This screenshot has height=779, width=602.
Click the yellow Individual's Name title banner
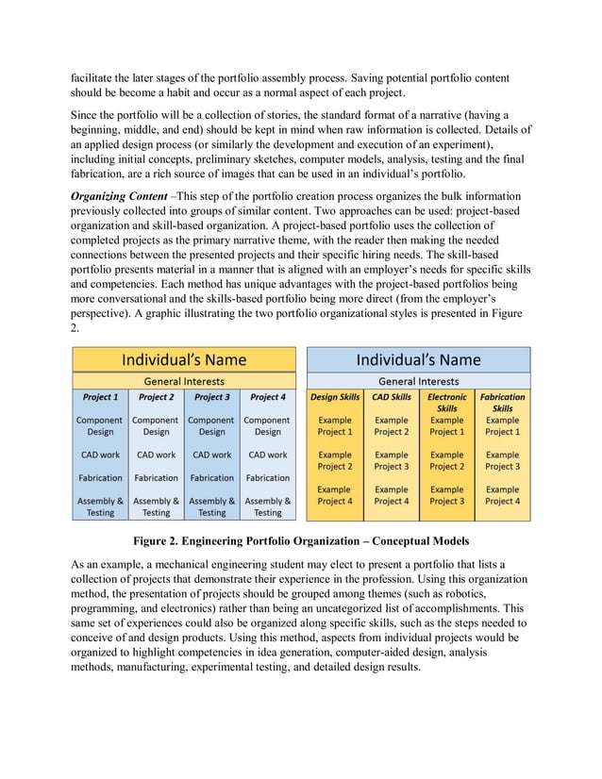click(x=184, y=359)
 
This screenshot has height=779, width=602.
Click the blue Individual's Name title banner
click(x=418, y=359)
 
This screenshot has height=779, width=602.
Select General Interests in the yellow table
click(x=184, y=381)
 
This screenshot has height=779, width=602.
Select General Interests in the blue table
click(x=418, y=381)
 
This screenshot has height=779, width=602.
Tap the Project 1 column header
click(x=100, y=398)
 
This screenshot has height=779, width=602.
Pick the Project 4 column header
click(x=267, y=398)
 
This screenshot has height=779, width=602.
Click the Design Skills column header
click(x=335, y=398)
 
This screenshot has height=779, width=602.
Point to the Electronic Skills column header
click(x=446, y=403)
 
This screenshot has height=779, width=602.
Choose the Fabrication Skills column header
click(x=502, y=403)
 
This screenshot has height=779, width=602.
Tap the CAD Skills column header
click(x=391, y=398)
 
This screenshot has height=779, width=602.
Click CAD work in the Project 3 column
click(x=211, y=455)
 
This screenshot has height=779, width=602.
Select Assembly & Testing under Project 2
click(x=156, y=506)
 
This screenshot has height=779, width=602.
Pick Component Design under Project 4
click(x=267, y=425)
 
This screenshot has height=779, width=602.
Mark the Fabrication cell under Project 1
click(x=100, y=478)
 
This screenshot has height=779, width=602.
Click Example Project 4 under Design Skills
click(x=335, y=495)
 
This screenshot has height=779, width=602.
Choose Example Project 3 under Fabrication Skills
click(x=502, y=460)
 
